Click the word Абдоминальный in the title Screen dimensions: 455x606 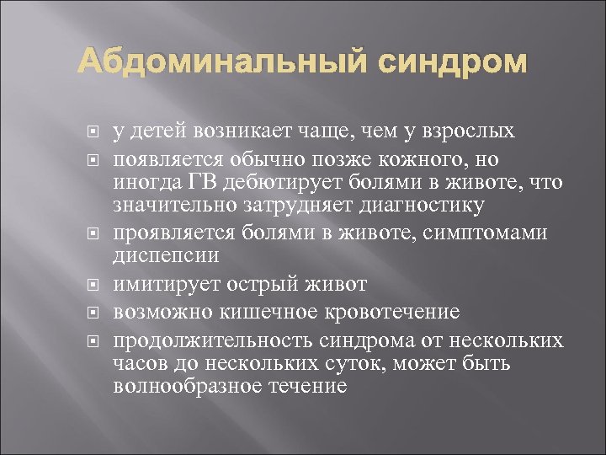pos(200,62)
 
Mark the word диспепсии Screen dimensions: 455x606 pos(160,254)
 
